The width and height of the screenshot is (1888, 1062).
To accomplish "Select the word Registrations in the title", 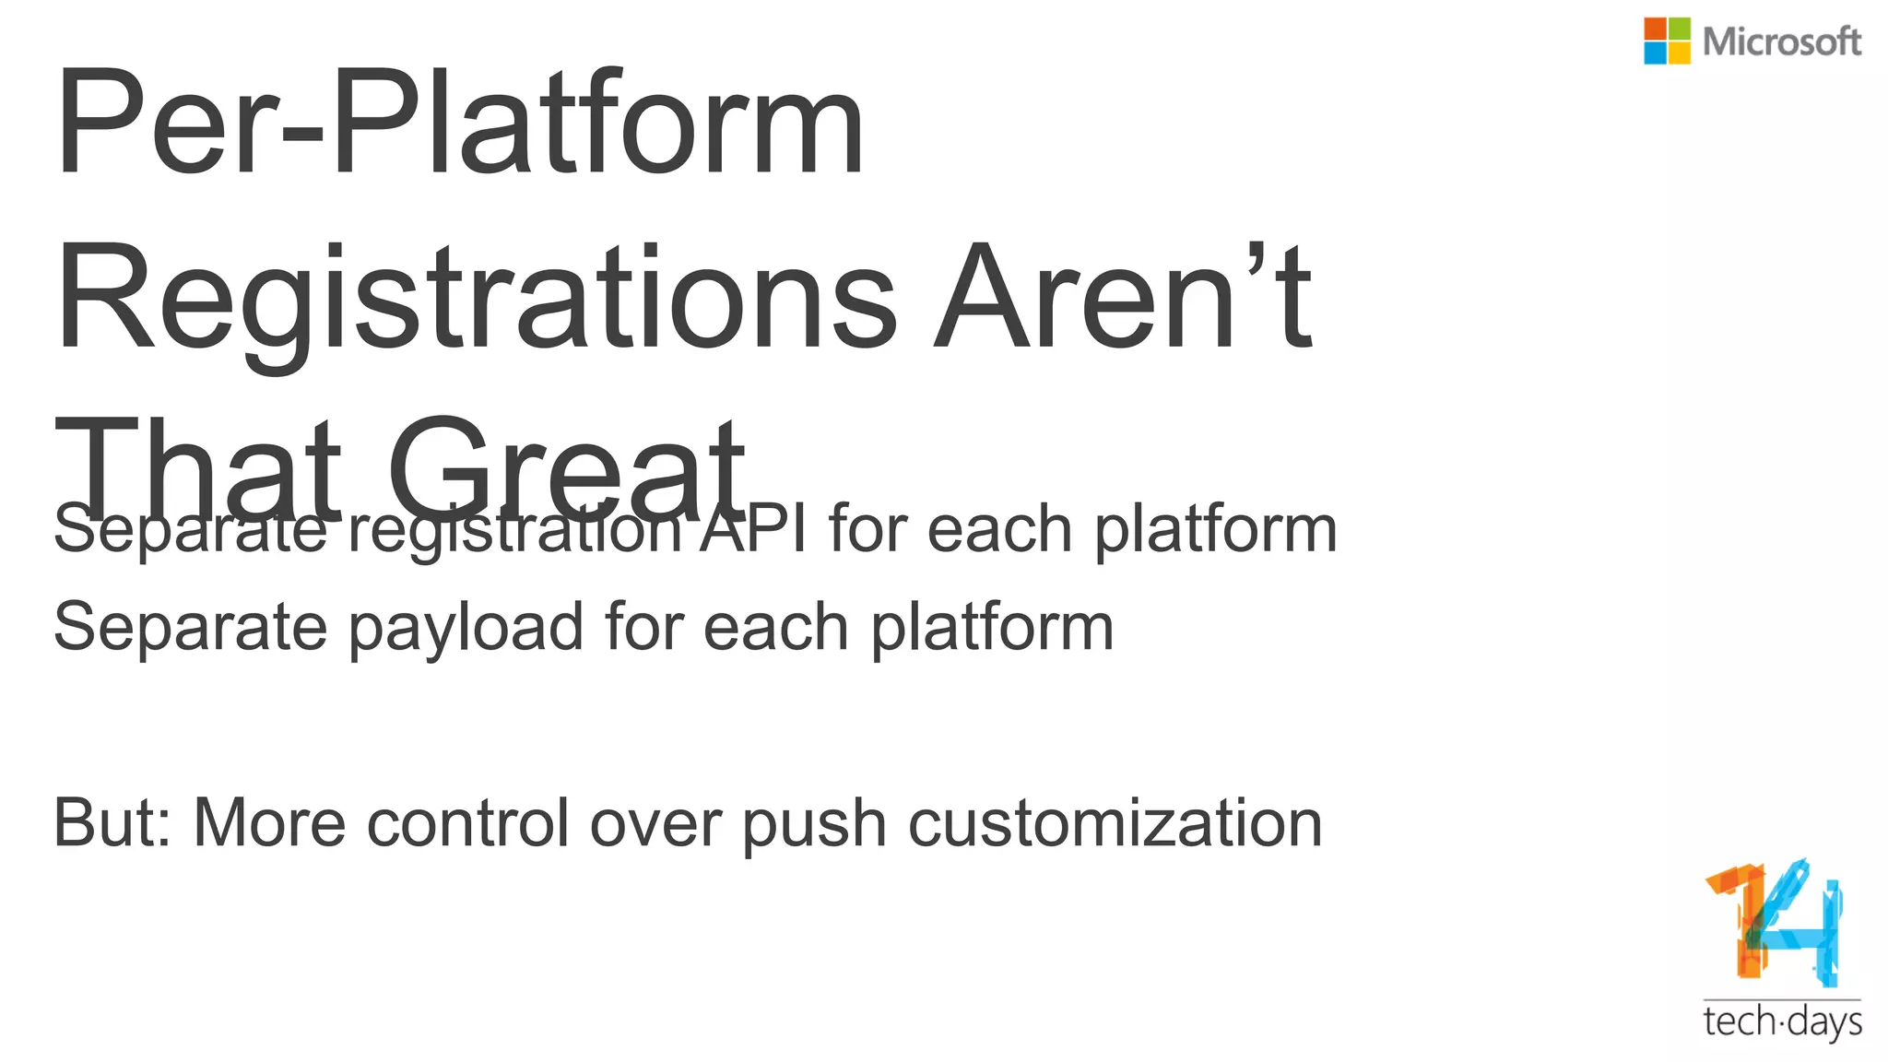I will point(476,300).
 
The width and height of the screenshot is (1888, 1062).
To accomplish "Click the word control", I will point(467,822).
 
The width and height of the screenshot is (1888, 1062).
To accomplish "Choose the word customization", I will point(1115,822).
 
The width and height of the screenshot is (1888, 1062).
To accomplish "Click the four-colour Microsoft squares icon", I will point(1667,41).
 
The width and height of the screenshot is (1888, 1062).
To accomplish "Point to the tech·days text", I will point(1782,1022).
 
